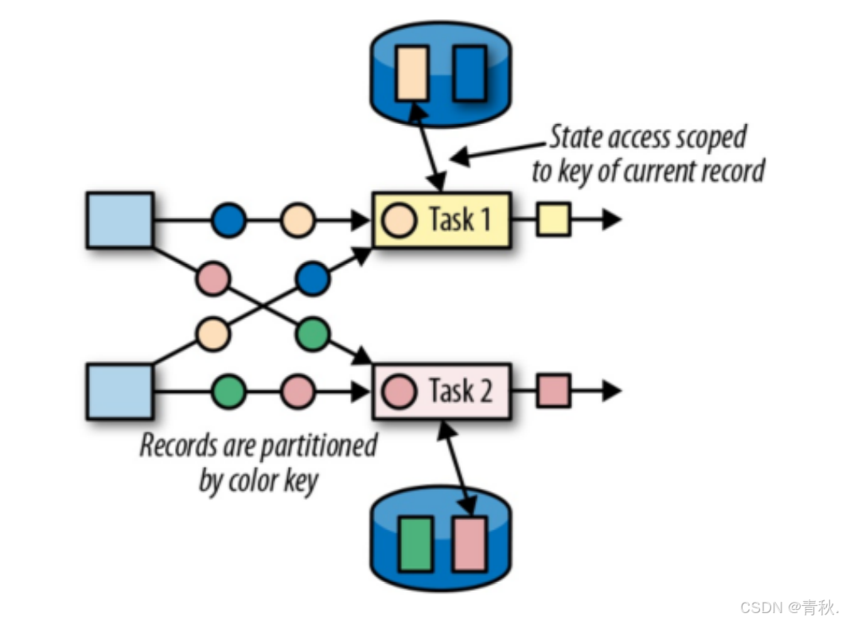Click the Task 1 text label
click(x=460, y=219)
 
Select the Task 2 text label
click(x=460, y=391)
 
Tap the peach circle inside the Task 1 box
click(x=400, y=220)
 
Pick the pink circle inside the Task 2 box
click(x=400, y=391)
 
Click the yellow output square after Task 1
click(x=553, y=219)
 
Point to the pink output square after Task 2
click(x=553, y=391)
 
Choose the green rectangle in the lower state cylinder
click(x=415, y=544)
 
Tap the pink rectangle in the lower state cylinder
click(x=470, y=544)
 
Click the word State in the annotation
click(x=575, y=138)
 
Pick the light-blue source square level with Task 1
click(x=119, y=219)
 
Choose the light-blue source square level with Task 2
click(x=119, y=391)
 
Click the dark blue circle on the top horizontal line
click(x=229, y=220)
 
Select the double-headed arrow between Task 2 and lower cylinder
click(x=456, y=467)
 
